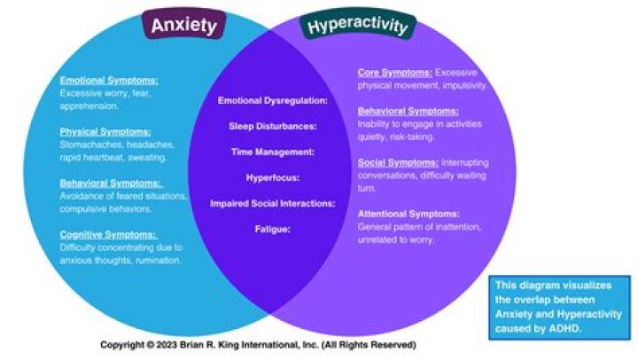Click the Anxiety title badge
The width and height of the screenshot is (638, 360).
[183, 26]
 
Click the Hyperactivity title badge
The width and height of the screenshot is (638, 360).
[358, 26]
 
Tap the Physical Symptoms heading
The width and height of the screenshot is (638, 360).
[99, 131]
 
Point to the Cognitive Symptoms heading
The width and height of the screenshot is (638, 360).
[108, 235]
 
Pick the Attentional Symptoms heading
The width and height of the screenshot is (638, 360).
[408, 215]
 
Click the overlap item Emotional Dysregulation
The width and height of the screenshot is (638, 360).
[273, 101]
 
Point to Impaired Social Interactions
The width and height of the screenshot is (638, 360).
[273, 204]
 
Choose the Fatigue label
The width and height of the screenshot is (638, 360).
[273, 230]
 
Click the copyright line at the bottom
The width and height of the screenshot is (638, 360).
[257, 344]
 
